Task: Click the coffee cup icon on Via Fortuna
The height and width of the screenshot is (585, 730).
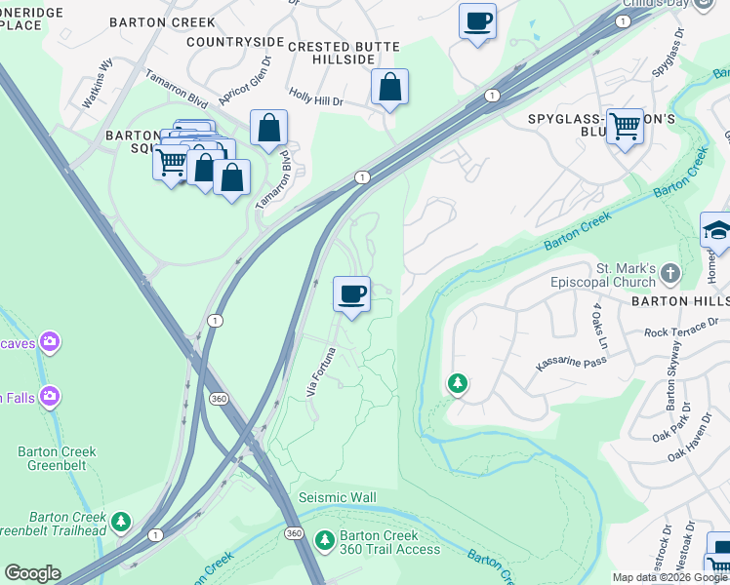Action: click(351, 293)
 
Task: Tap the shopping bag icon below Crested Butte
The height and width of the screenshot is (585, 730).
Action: click(389, 88)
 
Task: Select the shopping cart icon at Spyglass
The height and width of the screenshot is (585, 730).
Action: click(625, 126)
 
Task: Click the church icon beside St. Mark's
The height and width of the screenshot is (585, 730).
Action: click(669, 272)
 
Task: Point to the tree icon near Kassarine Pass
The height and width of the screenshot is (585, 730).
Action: click(456, 384)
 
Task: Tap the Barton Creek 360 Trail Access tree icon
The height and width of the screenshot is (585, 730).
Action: click(325, 539)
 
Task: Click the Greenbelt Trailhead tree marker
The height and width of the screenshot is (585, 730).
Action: click(121, 522)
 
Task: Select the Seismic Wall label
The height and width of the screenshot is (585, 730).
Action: click(337, 498)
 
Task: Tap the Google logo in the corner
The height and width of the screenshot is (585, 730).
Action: click(32, 573)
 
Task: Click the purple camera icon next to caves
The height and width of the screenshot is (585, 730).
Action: click(49, 342)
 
